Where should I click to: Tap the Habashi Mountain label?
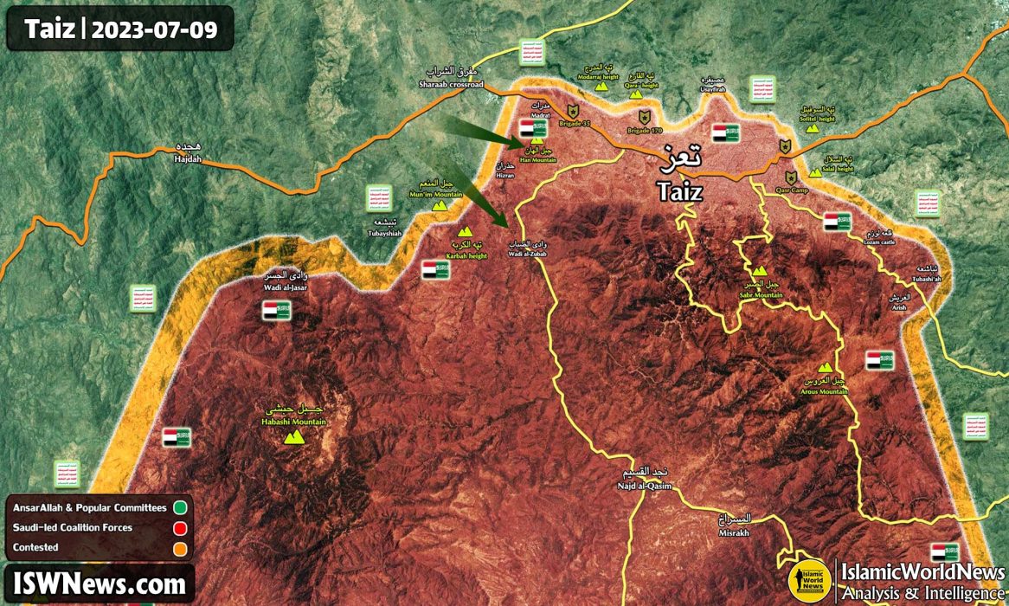[x=294, y=422]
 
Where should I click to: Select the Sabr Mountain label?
[x=761, y=295]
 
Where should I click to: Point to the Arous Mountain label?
[x=823, y=391]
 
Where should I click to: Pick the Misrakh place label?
[x=735, y=533]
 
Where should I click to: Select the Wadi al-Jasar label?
[x=286, y=287]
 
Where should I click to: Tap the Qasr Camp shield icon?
[x=785, y=146]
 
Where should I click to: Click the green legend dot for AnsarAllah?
[x=180, y=506]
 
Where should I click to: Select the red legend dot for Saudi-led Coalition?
[x=180, y=527]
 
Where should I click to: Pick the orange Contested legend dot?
[x=180, y=547]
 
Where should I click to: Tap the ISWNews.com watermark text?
[x=100, y=583]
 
